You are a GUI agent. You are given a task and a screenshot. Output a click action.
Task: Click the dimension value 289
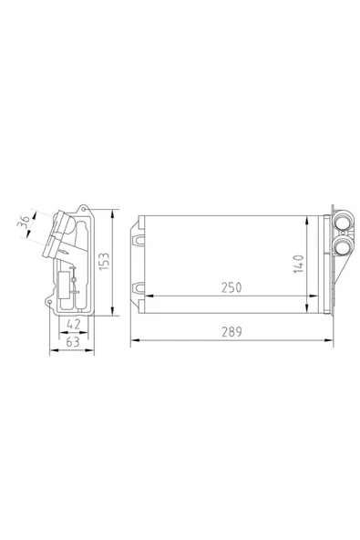tap(231, 332)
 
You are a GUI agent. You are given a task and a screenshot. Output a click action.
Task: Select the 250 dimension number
tap(231, 287)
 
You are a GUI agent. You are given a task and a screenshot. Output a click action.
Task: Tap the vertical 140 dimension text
tap(299, 265)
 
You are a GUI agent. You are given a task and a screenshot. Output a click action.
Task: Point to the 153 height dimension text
tap(104, 262)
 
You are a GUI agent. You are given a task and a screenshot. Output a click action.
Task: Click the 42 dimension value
tap(73, 324)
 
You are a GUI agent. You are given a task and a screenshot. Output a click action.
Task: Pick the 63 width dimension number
tap(73, 342)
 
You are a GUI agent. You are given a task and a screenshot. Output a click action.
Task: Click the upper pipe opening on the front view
tap(342, 223)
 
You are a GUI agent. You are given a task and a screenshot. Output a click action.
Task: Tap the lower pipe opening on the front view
tap(343, 245)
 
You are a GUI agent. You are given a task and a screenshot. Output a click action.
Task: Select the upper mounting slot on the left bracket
tap(139, 239)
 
